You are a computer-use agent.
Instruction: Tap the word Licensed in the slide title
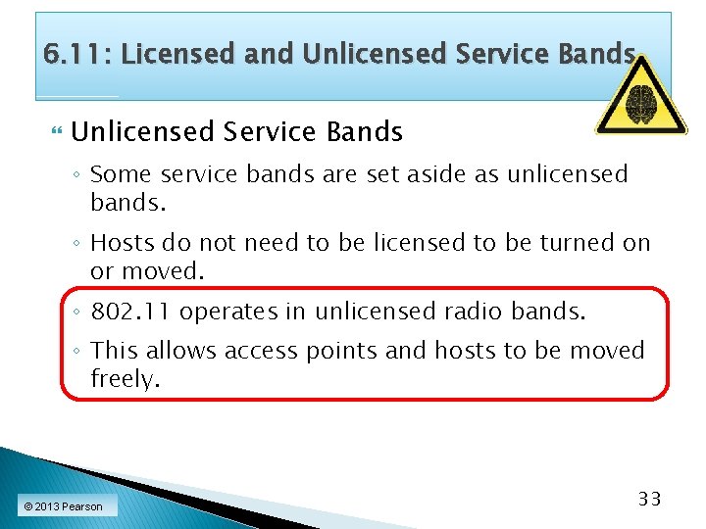click(178, 54)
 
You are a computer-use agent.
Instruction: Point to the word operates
click(228, 312)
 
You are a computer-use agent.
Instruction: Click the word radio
click(469, 312)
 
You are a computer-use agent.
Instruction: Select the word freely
click(125, 379)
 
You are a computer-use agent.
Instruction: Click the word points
click(343, 351)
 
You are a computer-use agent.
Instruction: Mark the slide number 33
click(649, 499)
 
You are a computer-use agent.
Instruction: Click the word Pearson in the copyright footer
click(81, 506)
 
